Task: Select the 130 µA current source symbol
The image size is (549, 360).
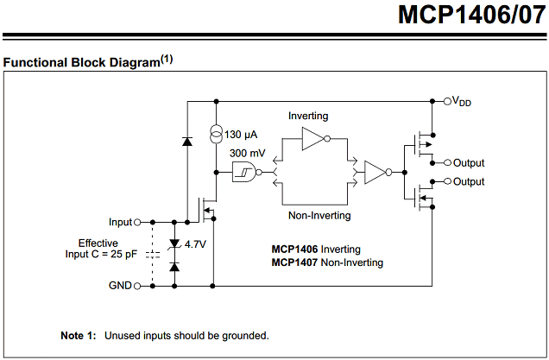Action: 215,134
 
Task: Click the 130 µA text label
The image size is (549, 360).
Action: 241,135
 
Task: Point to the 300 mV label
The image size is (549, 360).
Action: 248,153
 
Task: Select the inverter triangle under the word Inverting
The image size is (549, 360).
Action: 312,139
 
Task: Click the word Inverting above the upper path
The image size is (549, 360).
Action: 308,116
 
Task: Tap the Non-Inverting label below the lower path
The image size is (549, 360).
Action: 319,215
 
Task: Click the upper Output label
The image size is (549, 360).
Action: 469,162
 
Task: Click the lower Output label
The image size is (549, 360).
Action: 469,181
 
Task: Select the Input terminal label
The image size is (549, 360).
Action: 120,222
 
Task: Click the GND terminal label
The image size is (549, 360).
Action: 120,285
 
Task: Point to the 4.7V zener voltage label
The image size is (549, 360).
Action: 196,244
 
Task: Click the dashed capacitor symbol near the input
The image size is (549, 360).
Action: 153,255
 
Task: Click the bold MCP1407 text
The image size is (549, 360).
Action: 295,262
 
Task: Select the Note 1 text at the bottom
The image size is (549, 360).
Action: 164,334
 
